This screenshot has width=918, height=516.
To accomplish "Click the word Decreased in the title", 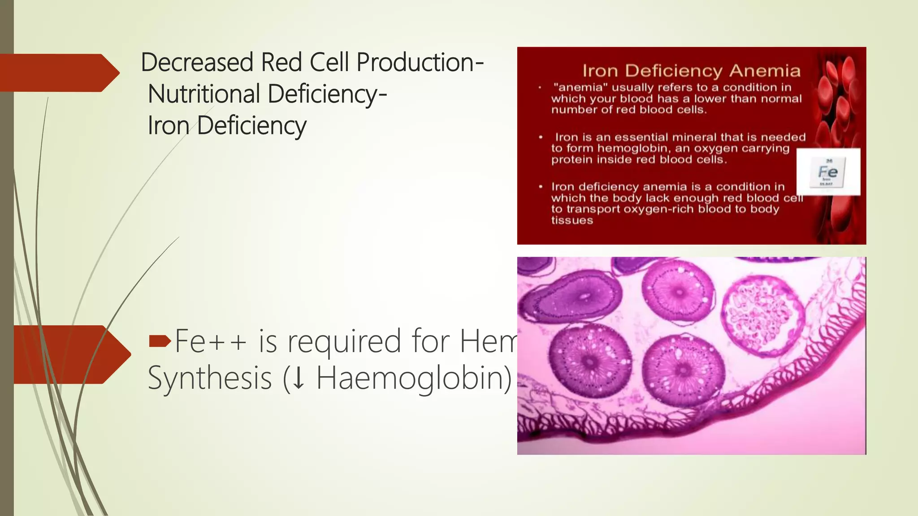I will [x=197, y=62].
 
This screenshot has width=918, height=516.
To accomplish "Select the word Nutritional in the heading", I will [x=204, y=94].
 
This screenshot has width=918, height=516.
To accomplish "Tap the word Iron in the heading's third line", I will [x=169, y=125].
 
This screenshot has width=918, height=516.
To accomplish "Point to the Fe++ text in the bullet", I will [x=211, y=341].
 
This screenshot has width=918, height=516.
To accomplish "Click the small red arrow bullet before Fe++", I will [x=160, y=342].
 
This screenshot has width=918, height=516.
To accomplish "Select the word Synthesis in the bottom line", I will [x=210, y=378].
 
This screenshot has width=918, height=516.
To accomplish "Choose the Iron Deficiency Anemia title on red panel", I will [x=691, y=71].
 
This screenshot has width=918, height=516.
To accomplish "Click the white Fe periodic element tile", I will [x=828, y=172].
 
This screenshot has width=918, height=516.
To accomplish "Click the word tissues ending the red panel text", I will [x=572, y=220].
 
